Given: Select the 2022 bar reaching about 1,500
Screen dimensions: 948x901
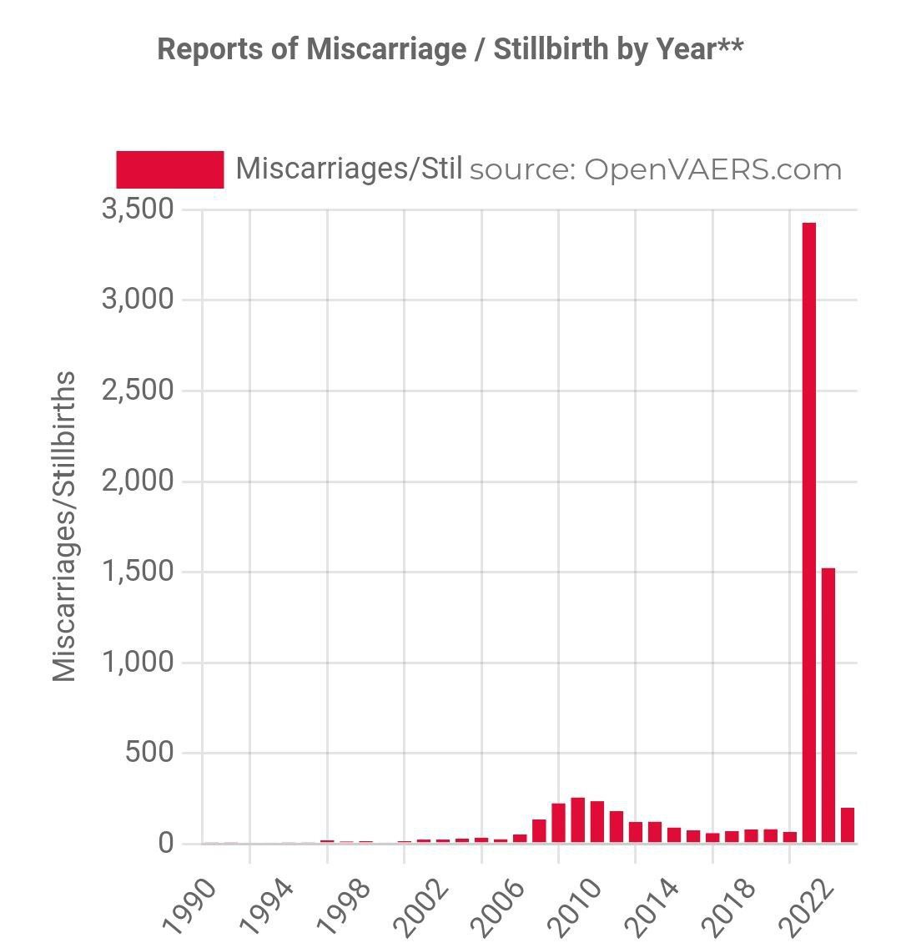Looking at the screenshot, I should click(828, 705).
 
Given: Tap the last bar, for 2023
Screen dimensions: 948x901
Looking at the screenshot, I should click(847, 824).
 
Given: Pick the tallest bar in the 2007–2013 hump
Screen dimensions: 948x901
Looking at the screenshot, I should click(577, 819).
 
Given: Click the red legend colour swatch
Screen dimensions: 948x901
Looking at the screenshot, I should click(170, 169).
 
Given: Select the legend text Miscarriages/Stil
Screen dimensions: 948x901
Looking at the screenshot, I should click(349, 169).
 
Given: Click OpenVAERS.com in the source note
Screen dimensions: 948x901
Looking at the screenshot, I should click(712, 169).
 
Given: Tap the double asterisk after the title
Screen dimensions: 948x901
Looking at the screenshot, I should click(730, 46).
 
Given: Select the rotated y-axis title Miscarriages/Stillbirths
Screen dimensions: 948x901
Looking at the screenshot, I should click(64, 526).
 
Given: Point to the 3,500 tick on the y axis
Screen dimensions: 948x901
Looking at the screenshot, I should click(138, 209).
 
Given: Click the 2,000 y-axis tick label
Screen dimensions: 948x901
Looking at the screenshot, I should click(138, 482).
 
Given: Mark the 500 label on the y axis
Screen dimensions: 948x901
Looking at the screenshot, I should click(149, 753).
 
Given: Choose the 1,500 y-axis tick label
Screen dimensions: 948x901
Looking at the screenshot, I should click(138, 572).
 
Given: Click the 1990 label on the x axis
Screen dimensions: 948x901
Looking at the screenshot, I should click(190, 905).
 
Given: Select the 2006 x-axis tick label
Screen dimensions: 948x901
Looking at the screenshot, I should click(499, 905).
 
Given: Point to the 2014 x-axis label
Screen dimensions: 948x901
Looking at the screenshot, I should click(653, 905).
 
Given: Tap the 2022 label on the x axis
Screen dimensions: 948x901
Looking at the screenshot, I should click(808, 905).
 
